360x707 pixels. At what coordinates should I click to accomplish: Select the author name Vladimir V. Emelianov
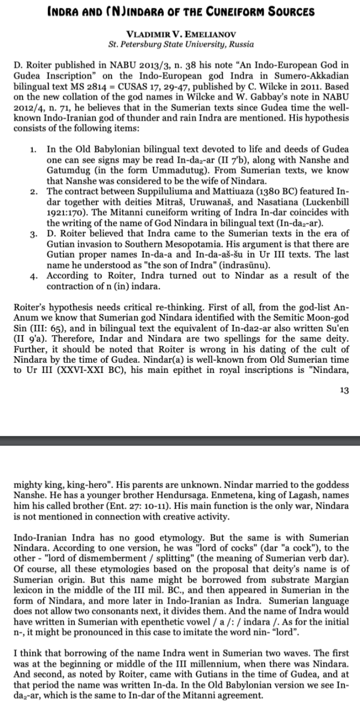tap(180, 34)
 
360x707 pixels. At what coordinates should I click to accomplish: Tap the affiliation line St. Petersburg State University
tap(180, 44)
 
